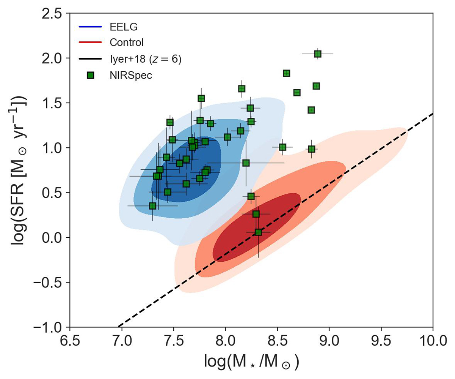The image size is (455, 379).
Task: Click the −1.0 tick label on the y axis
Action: click(x=52, y=327)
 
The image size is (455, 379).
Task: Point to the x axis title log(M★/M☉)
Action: click(x=251, y=363)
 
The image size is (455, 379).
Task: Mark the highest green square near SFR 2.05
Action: click(x=318, y=54)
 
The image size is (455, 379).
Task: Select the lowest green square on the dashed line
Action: click(x=258, y=232)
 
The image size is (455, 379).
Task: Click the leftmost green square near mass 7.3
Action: click(x=152, y=206)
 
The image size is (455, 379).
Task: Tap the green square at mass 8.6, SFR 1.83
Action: click(x=286, y=73)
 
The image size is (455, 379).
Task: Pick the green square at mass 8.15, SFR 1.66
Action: click(x=242, y=89)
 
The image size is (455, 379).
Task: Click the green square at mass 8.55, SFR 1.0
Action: click(x=282, y=147)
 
